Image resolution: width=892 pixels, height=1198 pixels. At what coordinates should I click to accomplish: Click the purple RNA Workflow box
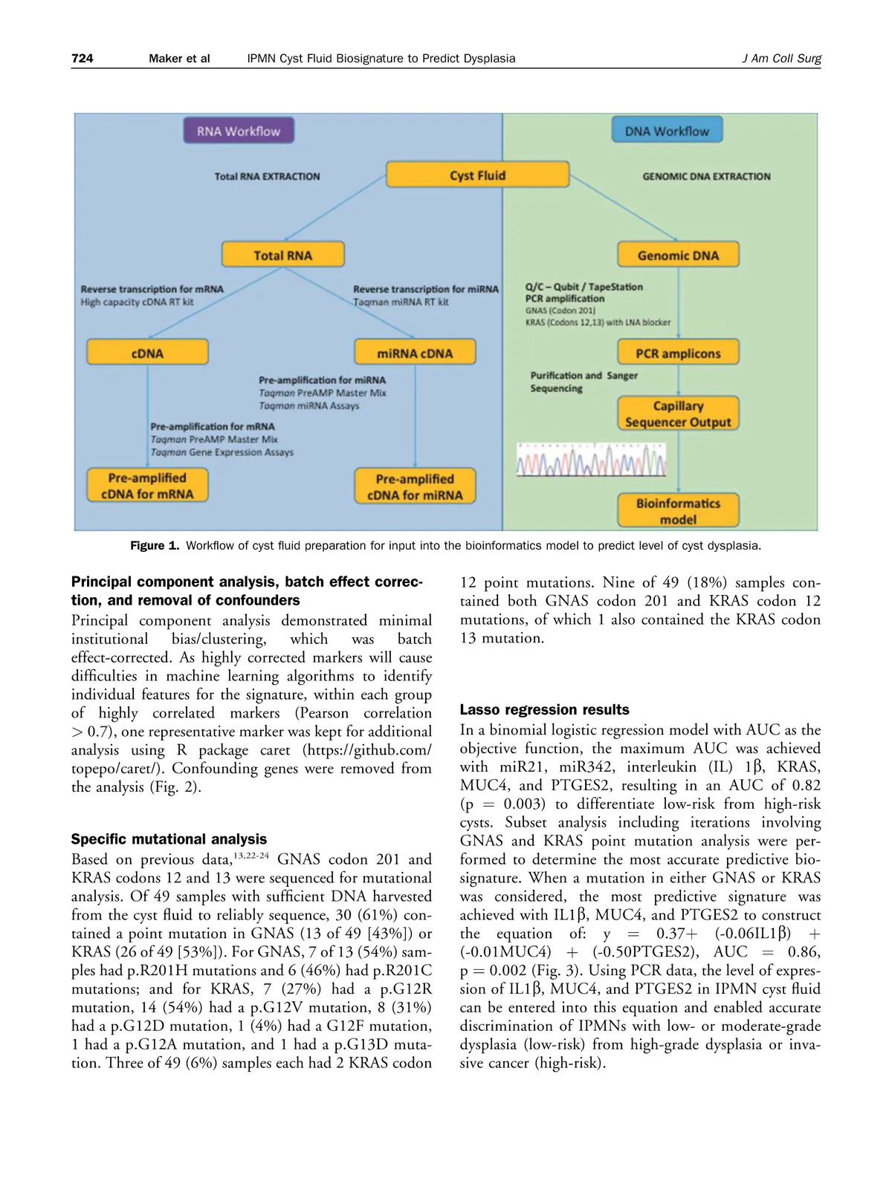(239, 131)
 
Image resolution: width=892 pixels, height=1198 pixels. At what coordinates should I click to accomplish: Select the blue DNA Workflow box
(667, 131)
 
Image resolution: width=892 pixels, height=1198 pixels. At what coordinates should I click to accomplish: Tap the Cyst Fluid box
(477, 175)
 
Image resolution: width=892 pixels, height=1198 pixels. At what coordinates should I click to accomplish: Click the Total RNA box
(282, 255)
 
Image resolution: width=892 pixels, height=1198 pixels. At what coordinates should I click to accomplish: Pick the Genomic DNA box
(678, 255)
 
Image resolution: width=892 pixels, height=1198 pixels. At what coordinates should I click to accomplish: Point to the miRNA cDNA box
(415, 353)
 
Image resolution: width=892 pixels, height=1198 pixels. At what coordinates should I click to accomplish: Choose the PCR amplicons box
(678, 353)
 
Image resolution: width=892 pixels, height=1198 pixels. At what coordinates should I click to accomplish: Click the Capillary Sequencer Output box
(678, 414)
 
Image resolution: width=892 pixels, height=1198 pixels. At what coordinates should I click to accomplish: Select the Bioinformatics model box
(678, 511)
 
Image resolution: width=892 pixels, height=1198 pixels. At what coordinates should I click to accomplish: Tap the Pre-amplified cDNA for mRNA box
(147, 486)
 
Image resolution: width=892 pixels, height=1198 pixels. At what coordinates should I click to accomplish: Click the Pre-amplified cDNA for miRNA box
(415, 486)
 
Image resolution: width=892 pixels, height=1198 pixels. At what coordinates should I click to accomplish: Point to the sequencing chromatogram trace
(591, 461)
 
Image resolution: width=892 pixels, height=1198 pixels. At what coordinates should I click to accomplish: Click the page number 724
(82, 58)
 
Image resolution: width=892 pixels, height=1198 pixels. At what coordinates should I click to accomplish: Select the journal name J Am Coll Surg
(781, 58)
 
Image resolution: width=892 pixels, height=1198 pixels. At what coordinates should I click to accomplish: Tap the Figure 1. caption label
(155, 546)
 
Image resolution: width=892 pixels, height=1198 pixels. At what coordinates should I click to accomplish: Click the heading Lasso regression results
(544, 709)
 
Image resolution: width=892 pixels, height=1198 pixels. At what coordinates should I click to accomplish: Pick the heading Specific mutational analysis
(169, 839)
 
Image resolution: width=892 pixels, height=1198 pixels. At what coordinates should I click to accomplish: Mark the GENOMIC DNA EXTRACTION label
(706, 177)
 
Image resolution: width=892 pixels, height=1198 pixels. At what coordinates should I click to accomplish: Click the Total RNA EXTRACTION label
(267, 177)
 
